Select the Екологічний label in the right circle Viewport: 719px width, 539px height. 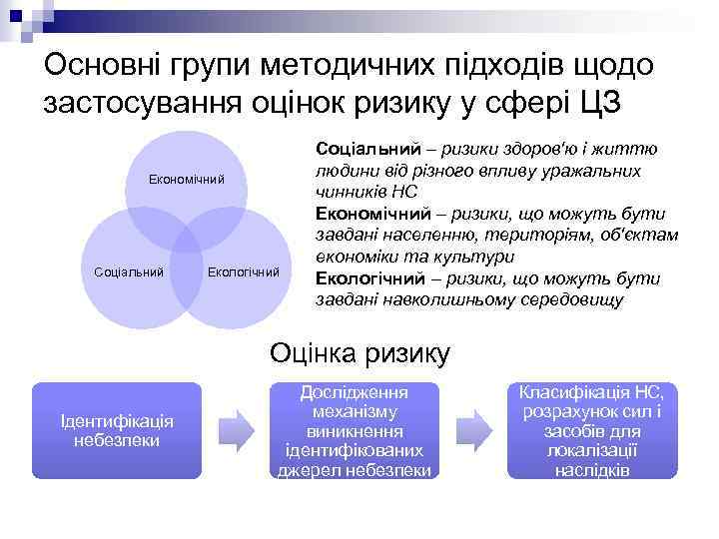244,270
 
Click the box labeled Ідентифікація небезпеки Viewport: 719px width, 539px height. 116,430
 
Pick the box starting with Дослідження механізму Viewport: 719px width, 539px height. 355,430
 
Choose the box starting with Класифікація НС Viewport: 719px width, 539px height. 592,430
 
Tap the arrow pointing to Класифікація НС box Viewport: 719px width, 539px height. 473,429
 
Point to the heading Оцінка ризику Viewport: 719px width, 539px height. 360,352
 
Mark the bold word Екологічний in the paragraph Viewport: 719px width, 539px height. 366,277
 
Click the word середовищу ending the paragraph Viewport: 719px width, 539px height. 566,299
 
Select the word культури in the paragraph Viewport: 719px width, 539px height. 466,257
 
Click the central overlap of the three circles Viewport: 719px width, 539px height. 186,244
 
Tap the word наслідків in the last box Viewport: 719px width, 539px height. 592,469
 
